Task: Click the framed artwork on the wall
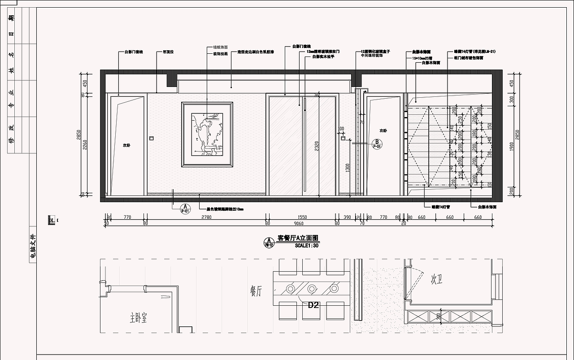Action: [x=207, y=135]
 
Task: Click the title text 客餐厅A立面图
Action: [x=298, y=238]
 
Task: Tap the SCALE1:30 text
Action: [x=306, y=246]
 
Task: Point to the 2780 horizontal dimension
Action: [x=206, y=217]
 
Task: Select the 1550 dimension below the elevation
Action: [x=302, y=217]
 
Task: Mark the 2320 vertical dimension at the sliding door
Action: [x=317, y=146]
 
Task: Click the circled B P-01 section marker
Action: [x=377, y=144]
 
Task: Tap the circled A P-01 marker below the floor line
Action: [x=185, y=208]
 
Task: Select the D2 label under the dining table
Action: [x=313, y=305]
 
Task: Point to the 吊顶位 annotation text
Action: [x=168, y=52]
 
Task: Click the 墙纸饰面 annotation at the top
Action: [x=220, y=47]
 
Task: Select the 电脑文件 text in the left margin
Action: [x=32, y=247]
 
